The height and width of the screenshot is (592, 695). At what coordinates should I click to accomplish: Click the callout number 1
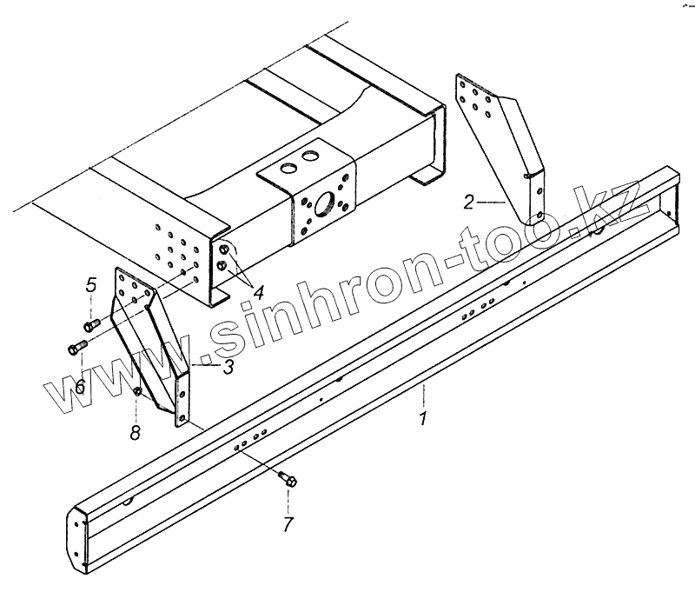tap(423, 420)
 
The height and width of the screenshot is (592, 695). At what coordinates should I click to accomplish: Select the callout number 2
tap(468, 204)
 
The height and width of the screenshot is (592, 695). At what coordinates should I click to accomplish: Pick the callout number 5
tap(90, 284)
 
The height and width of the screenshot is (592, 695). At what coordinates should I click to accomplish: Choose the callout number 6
tap(79, 386)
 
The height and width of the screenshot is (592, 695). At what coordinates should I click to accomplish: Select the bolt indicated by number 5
tap(89, 325)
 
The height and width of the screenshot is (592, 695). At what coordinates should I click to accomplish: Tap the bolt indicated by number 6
tap(74, 349)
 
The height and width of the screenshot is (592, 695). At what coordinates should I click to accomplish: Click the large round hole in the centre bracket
tap(326, 205)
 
